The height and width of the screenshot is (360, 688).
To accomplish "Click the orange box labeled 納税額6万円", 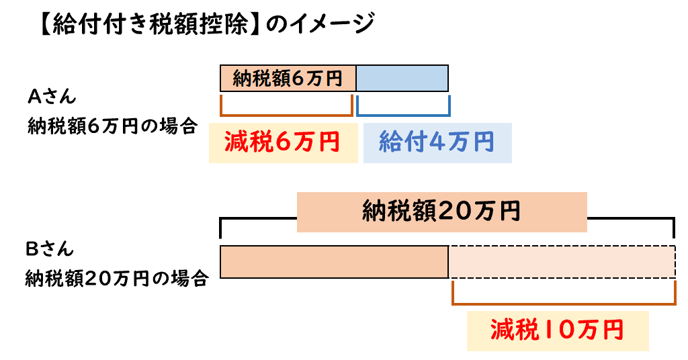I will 288,79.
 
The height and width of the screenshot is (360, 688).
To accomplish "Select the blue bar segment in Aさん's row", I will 402,79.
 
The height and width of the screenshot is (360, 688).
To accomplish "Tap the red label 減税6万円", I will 283,142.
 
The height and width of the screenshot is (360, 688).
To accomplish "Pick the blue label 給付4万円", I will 437,142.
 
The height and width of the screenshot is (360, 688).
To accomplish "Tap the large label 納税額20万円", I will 441,212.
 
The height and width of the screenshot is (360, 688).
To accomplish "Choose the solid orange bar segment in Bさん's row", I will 334,262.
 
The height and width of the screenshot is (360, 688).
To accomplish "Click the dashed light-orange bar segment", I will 562,262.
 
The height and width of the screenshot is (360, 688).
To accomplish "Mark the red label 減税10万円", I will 557,330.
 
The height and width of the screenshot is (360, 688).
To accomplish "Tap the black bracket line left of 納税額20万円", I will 258,218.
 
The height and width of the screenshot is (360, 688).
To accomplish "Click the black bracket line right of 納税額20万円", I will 631,218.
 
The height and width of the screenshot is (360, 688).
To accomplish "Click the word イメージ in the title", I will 331,24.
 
